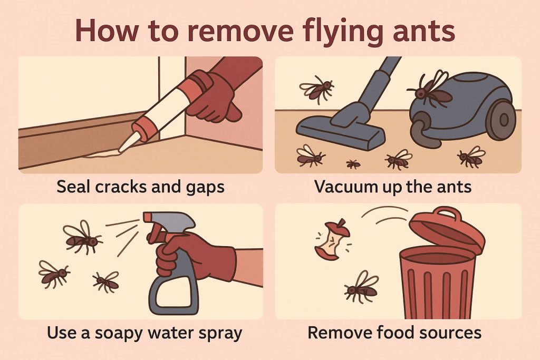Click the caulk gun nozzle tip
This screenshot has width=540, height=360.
[x=120, y=150]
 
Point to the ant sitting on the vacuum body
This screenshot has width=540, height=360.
[x=429, y=90]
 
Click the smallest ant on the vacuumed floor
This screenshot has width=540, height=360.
[x=353, y=164]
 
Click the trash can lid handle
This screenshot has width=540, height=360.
[x=447, y=213]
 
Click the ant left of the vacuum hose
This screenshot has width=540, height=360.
[x=317, y=89]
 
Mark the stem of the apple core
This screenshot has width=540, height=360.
[x=342, y=222]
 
